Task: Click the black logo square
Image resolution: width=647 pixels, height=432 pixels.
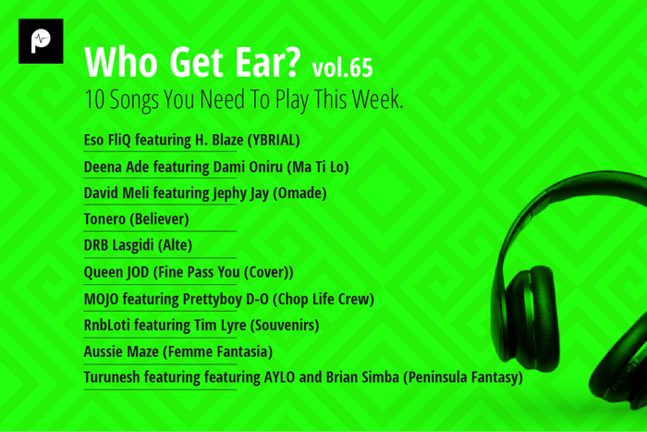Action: [41, 41]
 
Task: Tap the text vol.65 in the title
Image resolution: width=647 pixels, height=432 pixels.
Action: [343, 68]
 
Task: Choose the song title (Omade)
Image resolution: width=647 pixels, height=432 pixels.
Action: [302, 193]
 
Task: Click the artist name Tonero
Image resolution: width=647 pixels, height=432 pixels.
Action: [104, 219]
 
